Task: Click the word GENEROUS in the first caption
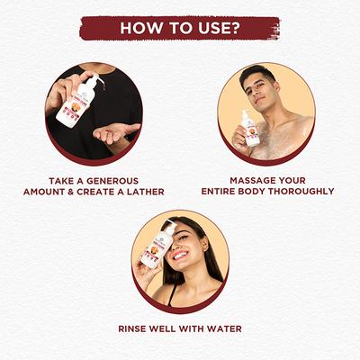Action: click(x=112, y=181)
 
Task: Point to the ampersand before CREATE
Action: click(x=71, y=192)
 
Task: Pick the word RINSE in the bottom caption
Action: click(x=132, y=328)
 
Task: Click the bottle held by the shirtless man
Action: click(x=248, y=129)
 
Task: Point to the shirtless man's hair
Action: click(x=256, y=73)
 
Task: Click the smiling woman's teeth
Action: click(x=180, y=256)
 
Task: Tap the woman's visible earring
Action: click(x=205, y=248)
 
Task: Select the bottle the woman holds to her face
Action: click(x=156, y=245)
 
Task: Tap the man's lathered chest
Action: click(x=281, y=137)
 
